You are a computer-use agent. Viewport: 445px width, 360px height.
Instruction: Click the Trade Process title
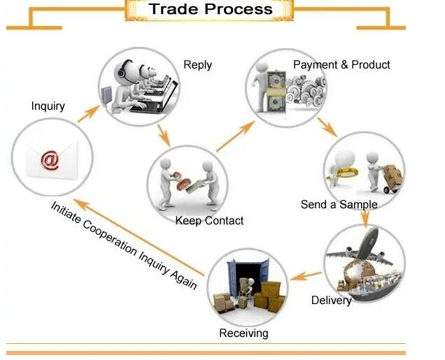pos(210,10)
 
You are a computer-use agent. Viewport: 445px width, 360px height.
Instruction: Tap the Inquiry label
pos(48,106)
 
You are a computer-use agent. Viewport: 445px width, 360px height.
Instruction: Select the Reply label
pos(197,65)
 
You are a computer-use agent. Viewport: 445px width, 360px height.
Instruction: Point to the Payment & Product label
pos(341,65)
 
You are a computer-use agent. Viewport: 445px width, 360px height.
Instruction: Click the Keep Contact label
pos(209,221)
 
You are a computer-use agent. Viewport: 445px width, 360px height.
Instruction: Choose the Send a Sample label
pos(339,205)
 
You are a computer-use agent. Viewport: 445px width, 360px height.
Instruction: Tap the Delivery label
pos(331,301)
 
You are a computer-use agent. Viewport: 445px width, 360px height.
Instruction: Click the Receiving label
pos(243,333)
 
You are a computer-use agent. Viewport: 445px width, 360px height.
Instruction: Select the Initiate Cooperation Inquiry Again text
pos(123,245)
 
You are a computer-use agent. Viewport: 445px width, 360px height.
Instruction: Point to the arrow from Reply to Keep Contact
pos(163,135)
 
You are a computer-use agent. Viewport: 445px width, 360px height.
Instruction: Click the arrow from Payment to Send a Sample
pos(327,127)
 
